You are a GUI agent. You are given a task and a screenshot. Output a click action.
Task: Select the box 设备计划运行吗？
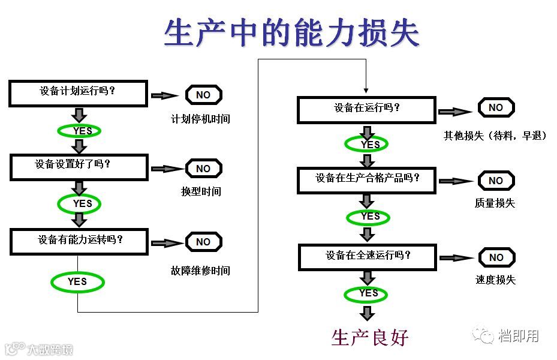pyautogui.click(x=79, y=94)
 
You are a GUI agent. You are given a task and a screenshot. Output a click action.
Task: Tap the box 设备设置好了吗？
pyautogui.click(x=79, y=166)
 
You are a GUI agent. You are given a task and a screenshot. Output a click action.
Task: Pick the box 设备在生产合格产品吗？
pyautogui.click(x=367, y=179)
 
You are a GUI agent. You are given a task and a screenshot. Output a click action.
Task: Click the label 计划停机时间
pyautogui.click(x=200, y=119)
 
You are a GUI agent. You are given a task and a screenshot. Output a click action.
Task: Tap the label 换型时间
pyautogui.click(x=201, y=191)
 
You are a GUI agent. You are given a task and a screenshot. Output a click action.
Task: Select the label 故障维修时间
pyautogui.click(x=200, y=271)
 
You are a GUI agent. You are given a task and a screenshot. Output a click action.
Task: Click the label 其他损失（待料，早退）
pyautogui.click(x=495, y=136)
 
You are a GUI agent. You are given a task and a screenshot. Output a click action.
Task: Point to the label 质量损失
pyautogui.click(x=495, y=203)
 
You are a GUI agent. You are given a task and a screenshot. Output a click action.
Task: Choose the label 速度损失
pyautogui.click(x=495, y=280)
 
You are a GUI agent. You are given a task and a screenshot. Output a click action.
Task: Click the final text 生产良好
pyautogui.click(x=370, y=337)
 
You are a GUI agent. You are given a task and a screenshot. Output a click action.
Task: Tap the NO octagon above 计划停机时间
pyautogui.click(x=203, y=95)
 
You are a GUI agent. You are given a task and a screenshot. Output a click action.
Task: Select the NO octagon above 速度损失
pyautogui.click(x=496, y=257)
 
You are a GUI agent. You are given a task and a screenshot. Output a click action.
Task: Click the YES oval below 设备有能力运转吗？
pyautogui.click(x=77, y=281)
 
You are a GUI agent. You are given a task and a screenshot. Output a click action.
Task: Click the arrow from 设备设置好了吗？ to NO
pyautogui.click(x=167, y=169)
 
